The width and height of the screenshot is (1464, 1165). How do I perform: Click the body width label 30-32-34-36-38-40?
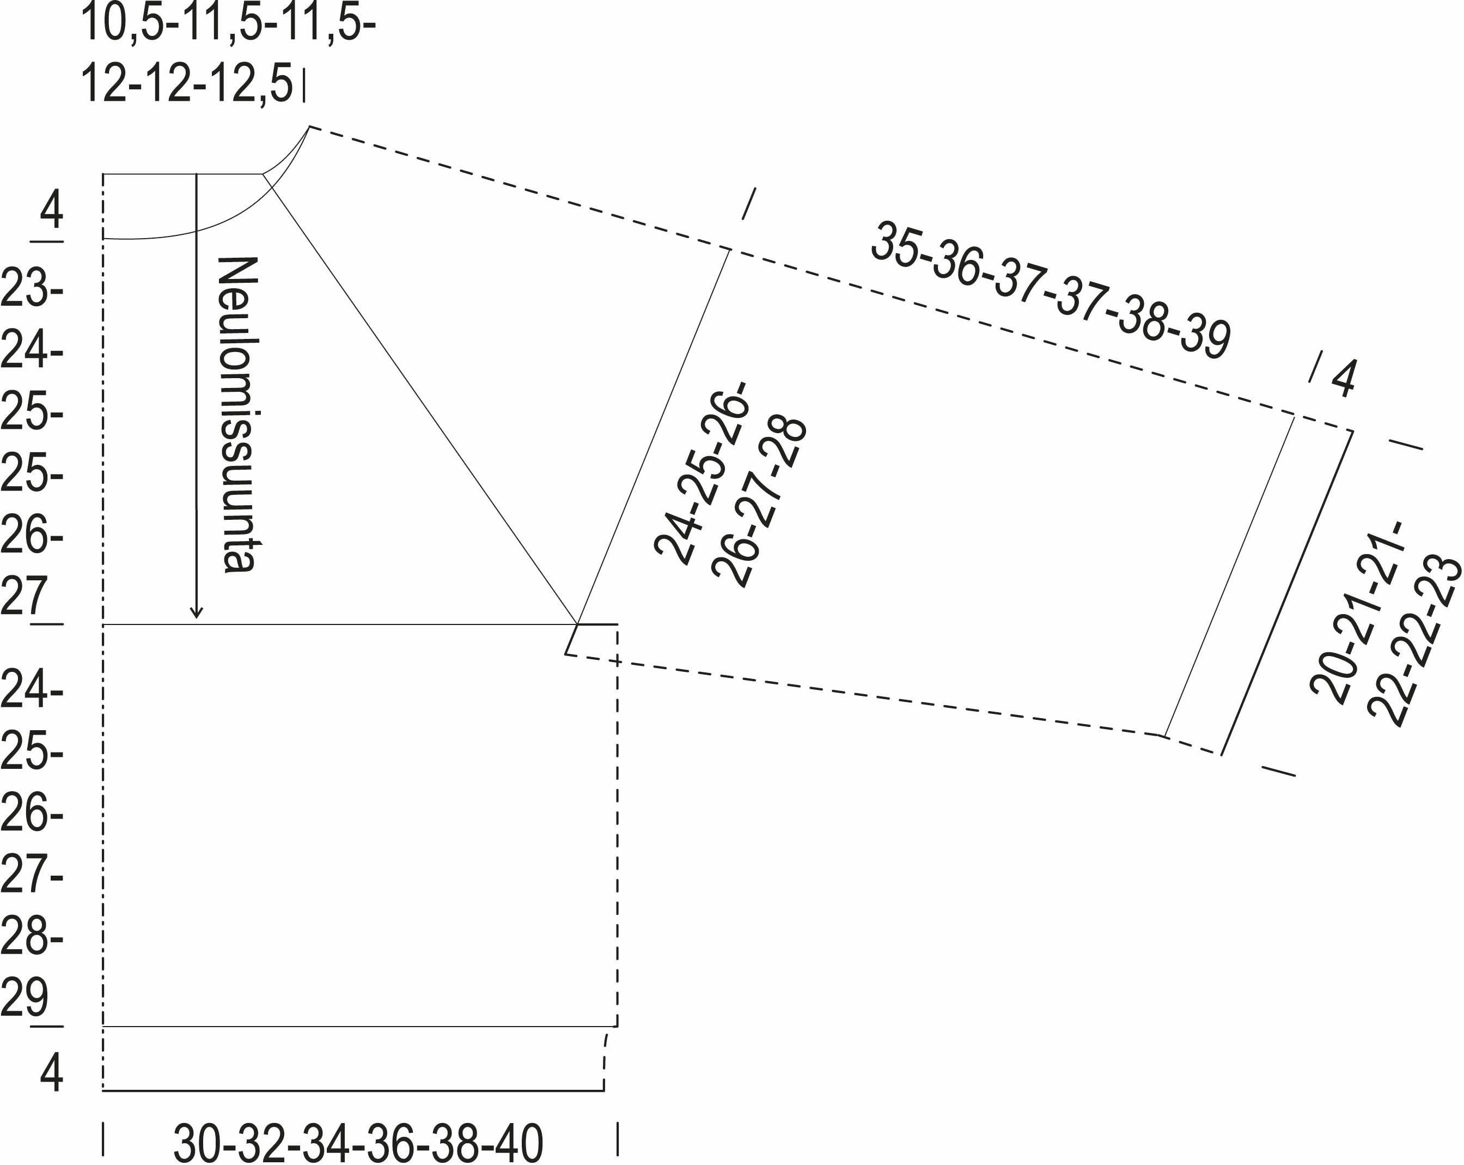pyautogui.click(x=358, y=1143)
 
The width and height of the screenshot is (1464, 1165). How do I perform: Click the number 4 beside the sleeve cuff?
pyautogui.click(x=1343, y=378)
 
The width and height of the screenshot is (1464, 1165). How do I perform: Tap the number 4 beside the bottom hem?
pyautogui.click(x=51, y=1072)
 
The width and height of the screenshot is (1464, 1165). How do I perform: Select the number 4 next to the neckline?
pyautogui.click(x=51, y=210)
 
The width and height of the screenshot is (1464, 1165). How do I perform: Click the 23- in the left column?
pyautogui.click(x=31, y=289)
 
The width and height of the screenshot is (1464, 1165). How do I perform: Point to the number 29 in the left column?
pyautogui.click(x=25, y=997)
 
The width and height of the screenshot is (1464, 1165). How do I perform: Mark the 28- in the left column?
pyautogui.click(x=31, y=936)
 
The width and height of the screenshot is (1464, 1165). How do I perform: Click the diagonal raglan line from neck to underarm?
pyautogui.click(x=421, y=401)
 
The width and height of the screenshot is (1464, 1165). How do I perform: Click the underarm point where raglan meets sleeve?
pyautogui.click(x=577, y=623)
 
